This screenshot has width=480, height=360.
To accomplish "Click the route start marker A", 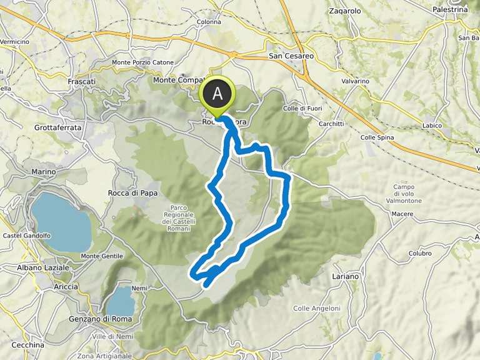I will (x=217, y=94).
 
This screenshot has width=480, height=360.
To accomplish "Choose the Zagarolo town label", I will (x=344, y=11).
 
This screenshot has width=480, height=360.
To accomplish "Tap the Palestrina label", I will (x=450, y=10).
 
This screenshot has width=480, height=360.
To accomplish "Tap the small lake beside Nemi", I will (x=121, y=301).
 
